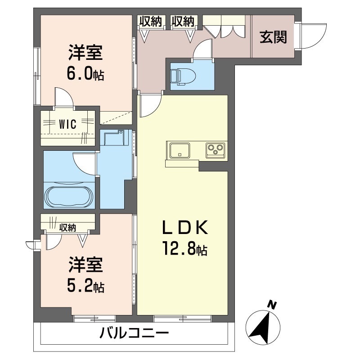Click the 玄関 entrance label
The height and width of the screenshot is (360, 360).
[273, 38]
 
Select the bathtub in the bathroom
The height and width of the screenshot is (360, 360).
[69, 195]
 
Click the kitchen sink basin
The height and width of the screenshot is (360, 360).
[180, 149]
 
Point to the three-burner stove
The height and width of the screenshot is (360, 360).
[215, 149]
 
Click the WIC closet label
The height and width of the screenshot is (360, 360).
[68, 123]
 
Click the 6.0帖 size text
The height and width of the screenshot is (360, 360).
[86, 73]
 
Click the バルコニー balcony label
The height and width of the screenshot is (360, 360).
[134, 334]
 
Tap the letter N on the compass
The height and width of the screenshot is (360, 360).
[271, 306]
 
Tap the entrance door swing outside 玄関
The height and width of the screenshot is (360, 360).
[310, 36]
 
